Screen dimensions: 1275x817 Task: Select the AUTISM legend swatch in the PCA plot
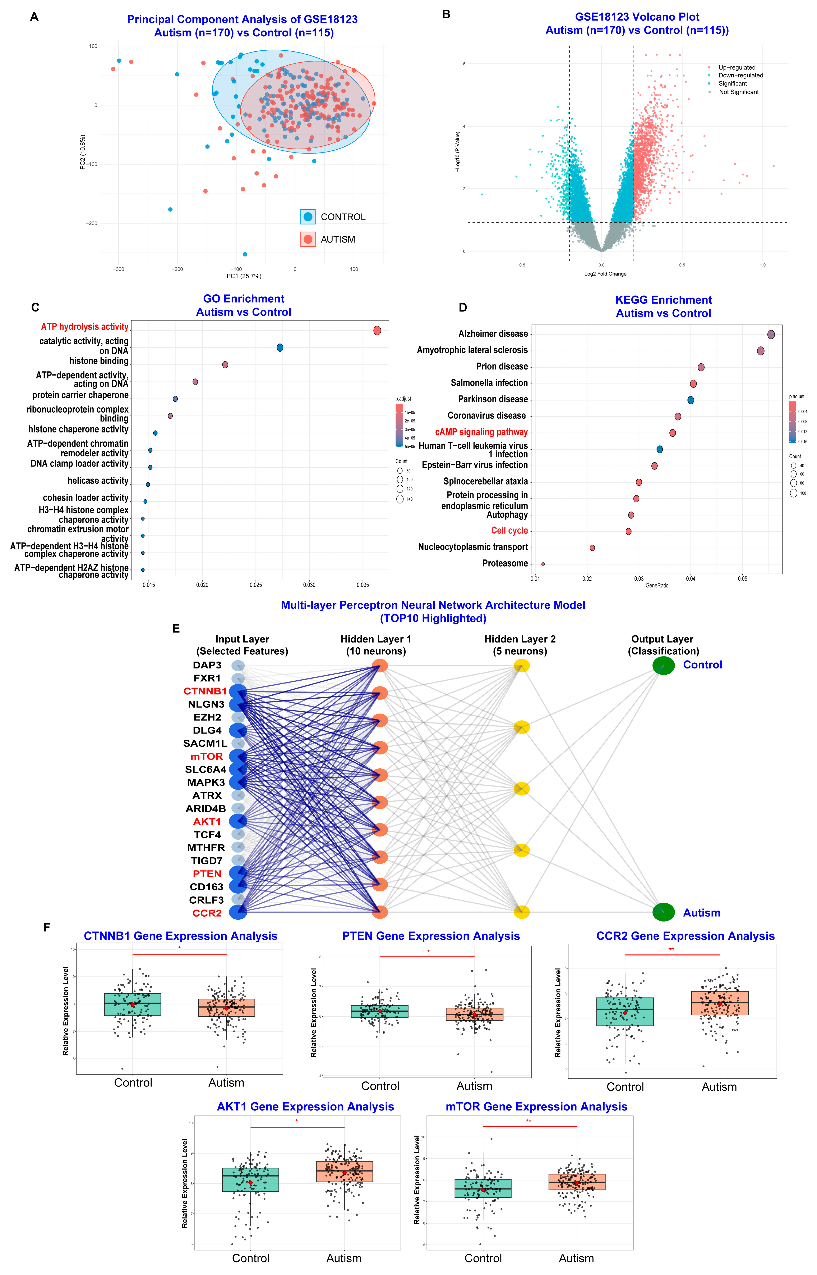coord(308,239)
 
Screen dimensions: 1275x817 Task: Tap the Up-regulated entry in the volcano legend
coord(736,67)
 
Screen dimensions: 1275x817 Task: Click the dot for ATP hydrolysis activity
coord(377,331)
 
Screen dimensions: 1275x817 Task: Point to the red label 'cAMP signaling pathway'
coord(481,432)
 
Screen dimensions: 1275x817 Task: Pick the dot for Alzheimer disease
coord(771,334)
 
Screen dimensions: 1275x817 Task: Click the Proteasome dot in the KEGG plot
coord(543,564)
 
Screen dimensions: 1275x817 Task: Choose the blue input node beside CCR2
coord(238,912)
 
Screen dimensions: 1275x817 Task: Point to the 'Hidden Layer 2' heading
coord(520,639)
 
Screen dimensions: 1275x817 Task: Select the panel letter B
coord(446,14)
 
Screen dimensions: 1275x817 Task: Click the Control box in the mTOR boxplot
coord(483,1188)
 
